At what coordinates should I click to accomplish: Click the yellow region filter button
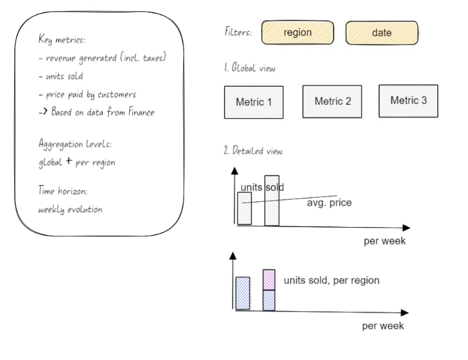click(x=298, y=33)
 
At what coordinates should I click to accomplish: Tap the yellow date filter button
click(x=382, y=33)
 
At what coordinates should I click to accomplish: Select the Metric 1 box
click(x=253, y=102)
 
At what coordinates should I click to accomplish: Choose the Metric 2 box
click(x=332, y=102)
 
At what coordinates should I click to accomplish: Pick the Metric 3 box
click(x=408, y=101)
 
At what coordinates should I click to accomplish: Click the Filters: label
click(x=238, y=31)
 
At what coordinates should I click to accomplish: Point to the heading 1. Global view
click(x=249, y=67)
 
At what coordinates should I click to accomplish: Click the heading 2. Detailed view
click(x=253, y=150)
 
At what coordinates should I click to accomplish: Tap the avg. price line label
click(x=329, y=203)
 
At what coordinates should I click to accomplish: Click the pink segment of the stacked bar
click(x=269, y=279)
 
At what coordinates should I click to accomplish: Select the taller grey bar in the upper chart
click(x=272, y=200)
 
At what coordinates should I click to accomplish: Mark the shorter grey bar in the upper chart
click(x=245, y=208)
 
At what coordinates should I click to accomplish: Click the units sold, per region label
click(x=332, y=281)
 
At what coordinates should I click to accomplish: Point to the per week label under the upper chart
click(x=384, y=240)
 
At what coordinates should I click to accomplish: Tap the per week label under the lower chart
click(x=382, y=326)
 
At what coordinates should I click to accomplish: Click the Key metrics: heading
click(x=62, y=39)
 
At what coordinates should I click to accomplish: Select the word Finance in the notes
click(x=141, y=112)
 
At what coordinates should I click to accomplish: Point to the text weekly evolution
click(x=70, y=209)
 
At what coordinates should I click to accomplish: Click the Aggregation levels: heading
click(x=75, y=144)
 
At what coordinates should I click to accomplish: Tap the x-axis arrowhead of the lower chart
click(x=404, y=313)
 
